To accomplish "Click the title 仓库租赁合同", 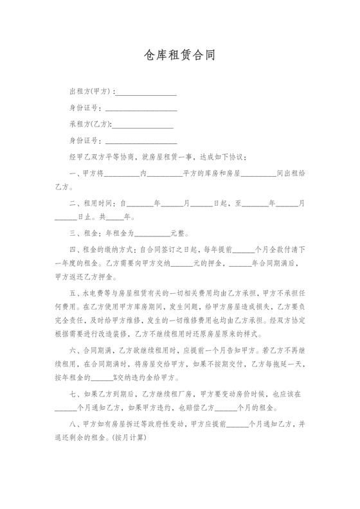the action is [x=179, y=55].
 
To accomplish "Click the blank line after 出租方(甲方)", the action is [x=147, y=92].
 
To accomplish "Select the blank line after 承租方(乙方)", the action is [x=143, y=124].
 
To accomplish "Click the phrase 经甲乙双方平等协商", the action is [x=102, y=156].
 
